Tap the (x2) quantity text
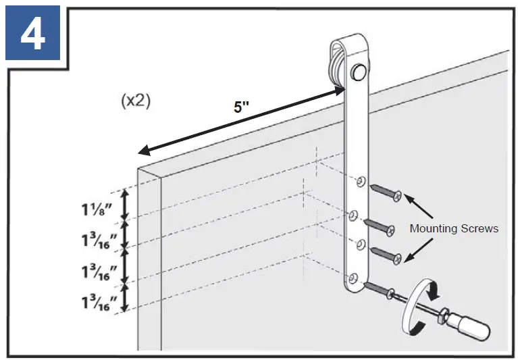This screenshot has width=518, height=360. point(135,101)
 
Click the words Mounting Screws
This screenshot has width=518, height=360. point(454,228)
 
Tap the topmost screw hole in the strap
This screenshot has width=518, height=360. point(361,181)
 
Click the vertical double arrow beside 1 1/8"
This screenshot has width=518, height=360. point(124,205)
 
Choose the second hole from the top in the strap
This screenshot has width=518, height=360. point(353,215)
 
